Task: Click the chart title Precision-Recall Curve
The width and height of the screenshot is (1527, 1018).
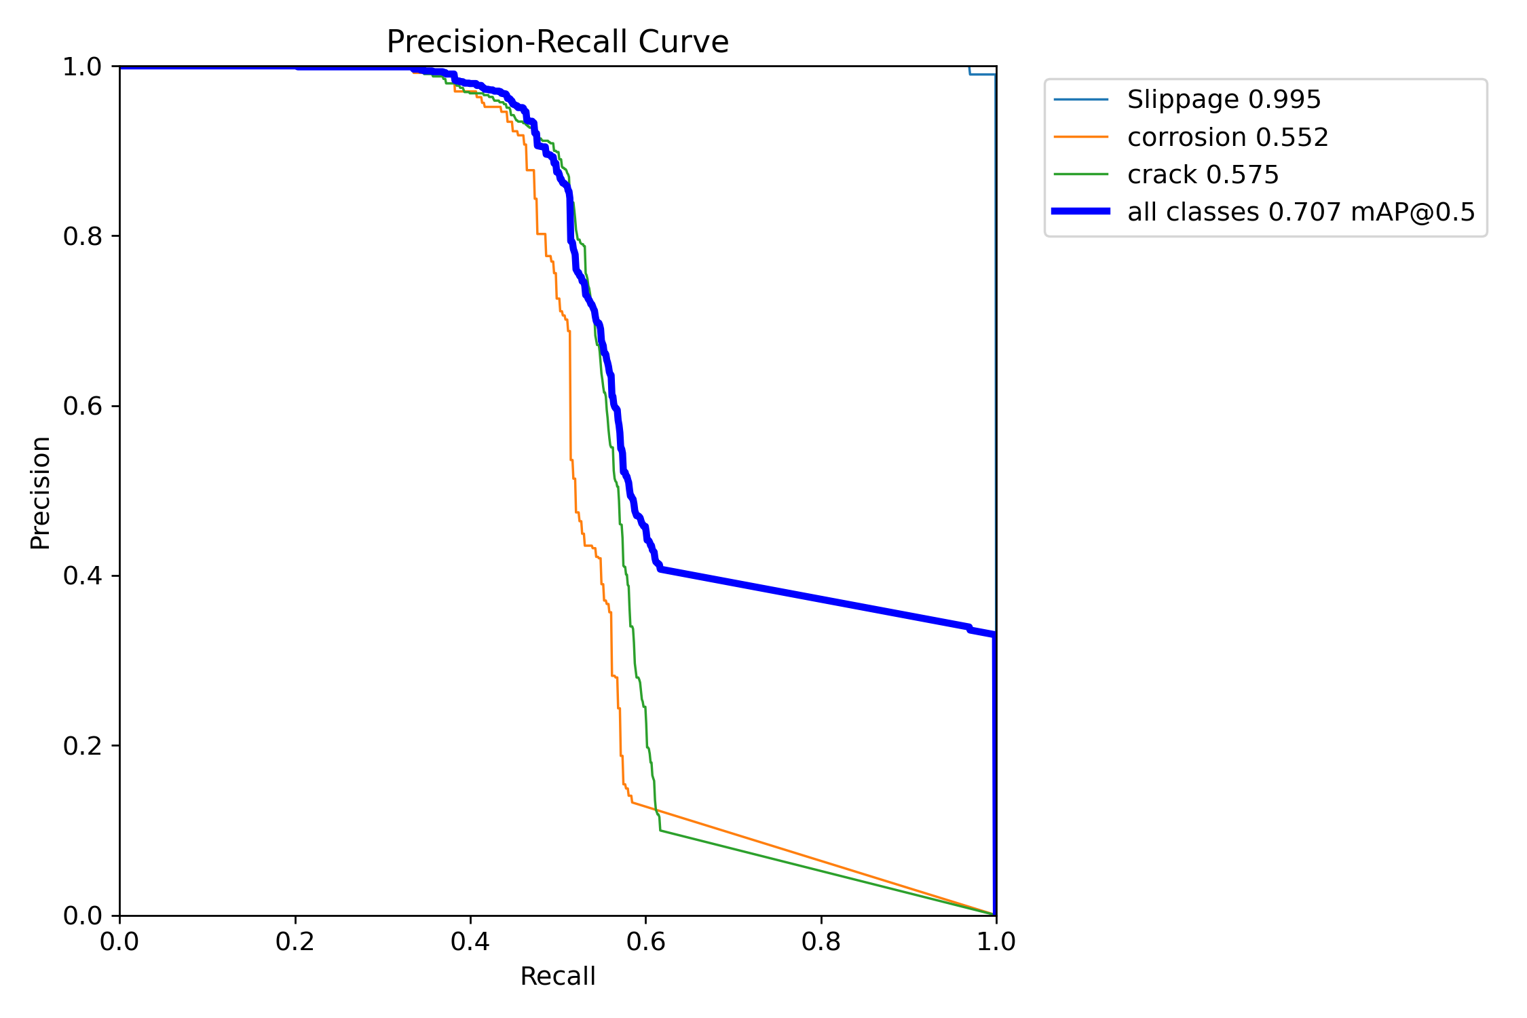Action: tap(557, 42)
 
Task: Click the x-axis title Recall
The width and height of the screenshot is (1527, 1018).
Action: tap(557, 976)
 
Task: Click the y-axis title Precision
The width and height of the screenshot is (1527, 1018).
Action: tap(41, 492)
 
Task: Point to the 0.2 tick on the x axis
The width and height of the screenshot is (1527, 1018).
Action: tap(295, 941)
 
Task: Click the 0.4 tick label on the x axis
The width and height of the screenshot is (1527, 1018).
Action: tap(470, 941)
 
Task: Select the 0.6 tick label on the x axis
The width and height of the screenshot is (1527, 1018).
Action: tap(645, 941)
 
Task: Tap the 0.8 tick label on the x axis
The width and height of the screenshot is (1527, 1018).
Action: tap(821, 941)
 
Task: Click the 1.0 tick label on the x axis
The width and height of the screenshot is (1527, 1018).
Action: tap(996, 941)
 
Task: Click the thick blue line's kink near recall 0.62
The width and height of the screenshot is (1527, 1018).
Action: tap(660, 569)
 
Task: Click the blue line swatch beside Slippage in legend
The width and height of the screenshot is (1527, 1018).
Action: tap(1080, 100)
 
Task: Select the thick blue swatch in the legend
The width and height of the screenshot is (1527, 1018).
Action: tap(1080, 212)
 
